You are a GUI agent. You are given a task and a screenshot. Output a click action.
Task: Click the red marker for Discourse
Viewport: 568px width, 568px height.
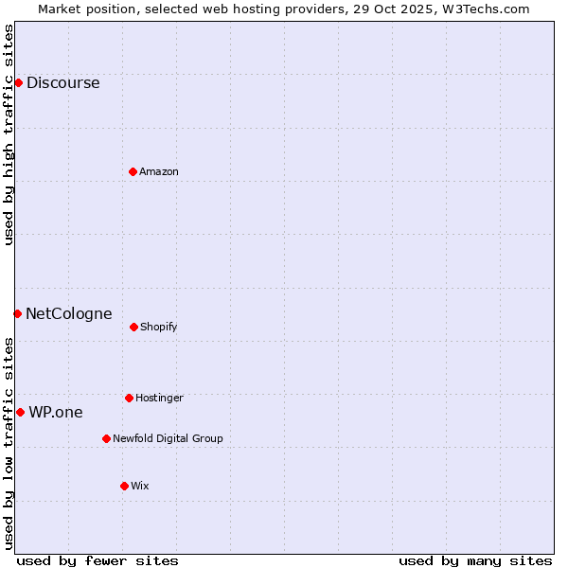(x=18, y=82)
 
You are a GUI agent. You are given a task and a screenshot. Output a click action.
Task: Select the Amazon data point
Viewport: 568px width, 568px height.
(x=133, y=171)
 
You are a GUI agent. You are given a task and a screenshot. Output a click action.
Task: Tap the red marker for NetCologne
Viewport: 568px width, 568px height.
(x=17, y=313)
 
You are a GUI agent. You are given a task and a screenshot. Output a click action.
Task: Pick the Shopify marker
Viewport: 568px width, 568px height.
(x=133, y=327)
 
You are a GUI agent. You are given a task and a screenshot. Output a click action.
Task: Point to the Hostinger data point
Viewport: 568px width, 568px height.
(x=129, y=398)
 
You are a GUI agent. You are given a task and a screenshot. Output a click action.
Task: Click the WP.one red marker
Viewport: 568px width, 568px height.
(x=20, y=412)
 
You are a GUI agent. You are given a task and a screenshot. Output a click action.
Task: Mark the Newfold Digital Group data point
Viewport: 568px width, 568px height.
(x=106, y=438)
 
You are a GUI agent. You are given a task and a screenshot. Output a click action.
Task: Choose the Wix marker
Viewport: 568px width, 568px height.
(x=124, y=486)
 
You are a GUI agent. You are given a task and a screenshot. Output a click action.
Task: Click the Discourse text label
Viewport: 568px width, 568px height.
(x=62, y=82)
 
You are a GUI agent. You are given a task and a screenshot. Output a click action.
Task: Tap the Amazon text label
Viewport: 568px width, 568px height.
(x=159, y=171)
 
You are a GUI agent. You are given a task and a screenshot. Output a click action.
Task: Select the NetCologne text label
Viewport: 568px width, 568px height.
(x=68, y=313)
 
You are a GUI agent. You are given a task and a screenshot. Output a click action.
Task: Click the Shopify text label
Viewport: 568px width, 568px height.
(x=159, y=327)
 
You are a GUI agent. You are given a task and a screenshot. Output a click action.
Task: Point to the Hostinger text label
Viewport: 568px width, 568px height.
(x=159, y=398)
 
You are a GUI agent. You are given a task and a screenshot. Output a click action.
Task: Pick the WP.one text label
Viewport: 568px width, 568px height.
(x=55, y=412)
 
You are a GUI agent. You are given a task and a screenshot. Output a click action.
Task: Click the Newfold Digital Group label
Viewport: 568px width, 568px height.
(x=168, y=438)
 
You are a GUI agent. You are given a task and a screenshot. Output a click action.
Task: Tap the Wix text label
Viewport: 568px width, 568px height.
(x=140, y=486)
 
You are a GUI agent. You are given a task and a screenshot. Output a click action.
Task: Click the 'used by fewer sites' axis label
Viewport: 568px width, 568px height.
(x=98, y=560)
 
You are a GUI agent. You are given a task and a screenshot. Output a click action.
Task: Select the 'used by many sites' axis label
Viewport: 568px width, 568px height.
(x=475, y=560)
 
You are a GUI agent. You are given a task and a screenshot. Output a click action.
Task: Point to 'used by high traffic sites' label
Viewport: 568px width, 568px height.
(x=9, y=134)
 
